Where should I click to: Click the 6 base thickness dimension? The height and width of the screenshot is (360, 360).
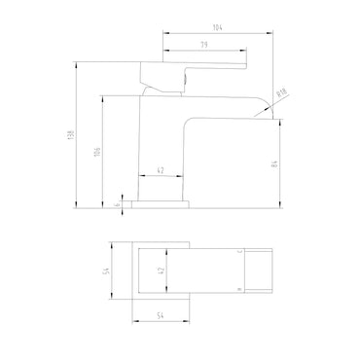118,205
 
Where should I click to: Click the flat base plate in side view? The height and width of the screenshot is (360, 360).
160,205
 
